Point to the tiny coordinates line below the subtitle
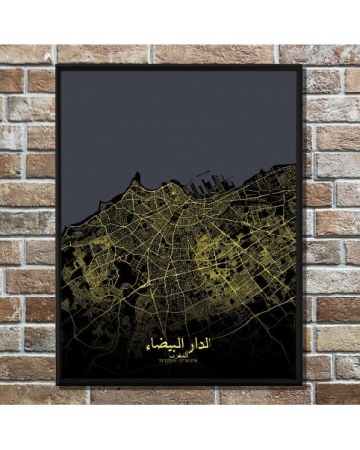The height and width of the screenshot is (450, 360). tap(180, 362)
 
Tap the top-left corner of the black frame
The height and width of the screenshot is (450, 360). tap(58, 68)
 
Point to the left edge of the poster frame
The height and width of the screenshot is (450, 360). tap(58, 229)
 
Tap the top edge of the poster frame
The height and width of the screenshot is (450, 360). tap(181, 67)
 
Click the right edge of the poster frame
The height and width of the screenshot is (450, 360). tap(303, 229)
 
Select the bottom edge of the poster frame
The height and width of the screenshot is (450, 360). tap(181, 385)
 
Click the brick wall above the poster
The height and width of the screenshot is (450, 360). tap(181, 53)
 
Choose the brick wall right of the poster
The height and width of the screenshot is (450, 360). tap(331, 229)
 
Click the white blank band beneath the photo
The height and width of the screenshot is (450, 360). tap(181, 427)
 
